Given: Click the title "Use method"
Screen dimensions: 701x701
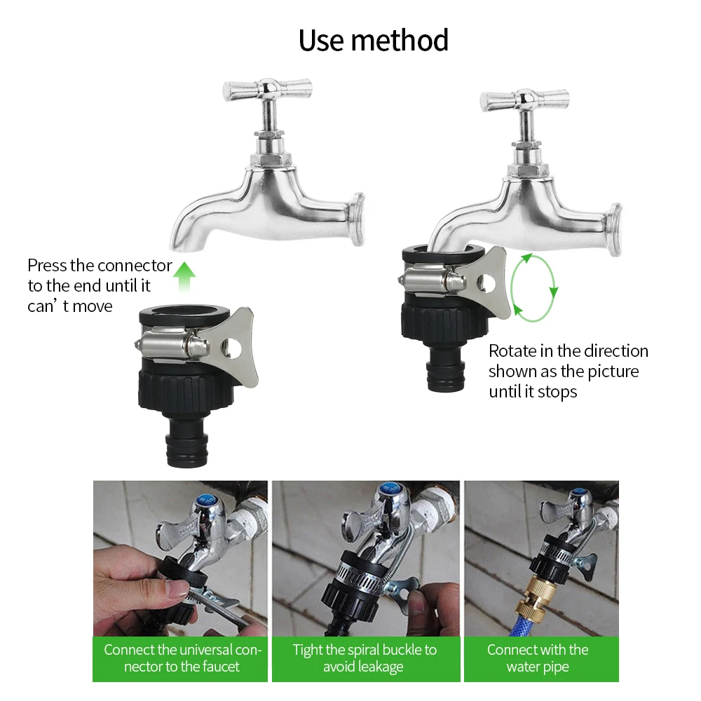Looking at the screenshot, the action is (374, 40).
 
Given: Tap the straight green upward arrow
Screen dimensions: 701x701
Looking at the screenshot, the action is (184, 277).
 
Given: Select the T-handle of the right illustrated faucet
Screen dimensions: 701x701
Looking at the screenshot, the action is (525, 100).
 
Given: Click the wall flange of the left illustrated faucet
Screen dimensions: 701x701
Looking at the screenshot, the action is (356, 219).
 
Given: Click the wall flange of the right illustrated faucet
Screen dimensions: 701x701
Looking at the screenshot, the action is (614, 230).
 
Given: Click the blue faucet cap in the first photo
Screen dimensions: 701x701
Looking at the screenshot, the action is (205, 499).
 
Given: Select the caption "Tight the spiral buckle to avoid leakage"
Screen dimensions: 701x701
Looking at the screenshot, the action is (365, 658).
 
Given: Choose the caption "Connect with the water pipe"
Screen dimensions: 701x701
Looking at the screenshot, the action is (538, 658).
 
